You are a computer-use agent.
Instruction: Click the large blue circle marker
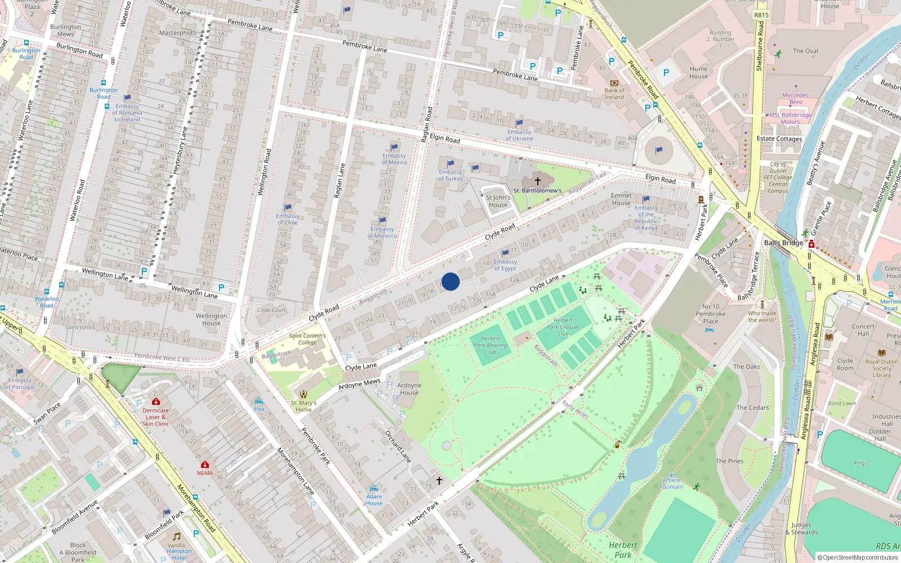pyautogui.click(x=450, y=281)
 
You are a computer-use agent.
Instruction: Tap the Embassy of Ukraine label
pyautogui.click(x=519, y=135)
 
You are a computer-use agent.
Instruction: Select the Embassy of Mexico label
pyautogui.click(x=394, y=159)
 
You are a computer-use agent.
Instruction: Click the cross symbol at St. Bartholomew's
pyautogui.click(x=538, y=181)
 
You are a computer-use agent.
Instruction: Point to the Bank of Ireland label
pyautogui.click(x=614, y=93)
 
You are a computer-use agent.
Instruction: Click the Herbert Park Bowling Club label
pyautogui.click(x=490, y=345)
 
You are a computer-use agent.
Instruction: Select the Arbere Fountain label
pyautogui.click(x=671, y=484)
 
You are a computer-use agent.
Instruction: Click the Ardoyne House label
pyautogui.click(x=409, y=389)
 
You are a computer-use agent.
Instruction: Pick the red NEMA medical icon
pyautogui.click(x=204, y=464)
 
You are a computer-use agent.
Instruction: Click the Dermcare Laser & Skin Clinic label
pyautogui.click(x=155, y=417)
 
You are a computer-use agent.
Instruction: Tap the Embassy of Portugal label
pyautogui.click(x=20, y=383)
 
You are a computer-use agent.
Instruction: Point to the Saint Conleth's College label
pyautogui.click(x=307, y=339)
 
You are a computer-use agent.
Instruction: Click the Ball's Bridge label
pyautogui.click(x=783, y=243)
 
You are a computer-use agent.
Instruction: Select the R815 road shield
pyautogui.click(x=761, y=15)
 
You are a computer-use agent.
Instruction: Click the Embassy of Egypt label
pyautogui.click(x=505, y=265)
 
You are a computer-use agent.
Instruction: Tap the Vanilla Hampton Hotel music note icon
pyautogui.click(x=176, y=537)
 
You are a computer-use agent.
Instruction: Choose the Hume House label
pyautogui.click(x=698, y=73)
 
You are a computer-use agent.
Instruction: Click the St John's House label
pyautogui.click(x=498, y=201)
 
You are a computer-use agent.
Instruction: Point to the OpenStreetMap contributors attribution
pyautogui.click(x=858, y=557)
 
